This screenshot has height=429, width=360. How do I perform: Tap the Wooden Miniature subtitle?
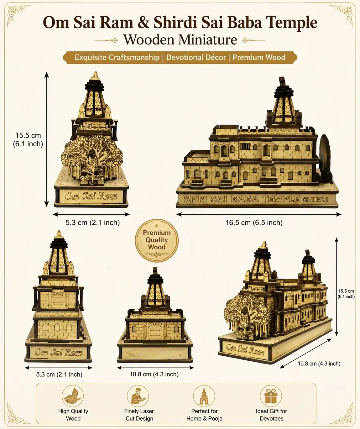coord(180,40)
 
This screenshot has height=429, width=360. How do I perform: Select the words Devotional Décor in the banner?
coord(196,57)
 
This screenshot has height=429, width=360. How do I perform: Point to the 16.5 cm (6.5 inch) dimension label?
coord(254,222)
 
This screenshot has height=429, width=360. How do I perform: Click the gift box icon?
coord(271,396)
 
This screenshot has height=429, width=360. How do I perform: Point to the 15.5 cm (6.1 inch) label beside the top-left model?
coord(28,139)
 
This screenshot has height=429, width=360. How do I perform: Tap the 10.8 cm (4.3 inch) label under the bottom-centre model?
coord(154,374)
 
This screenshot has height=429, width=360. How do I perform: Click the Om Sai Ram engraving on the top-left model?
coord(91,196)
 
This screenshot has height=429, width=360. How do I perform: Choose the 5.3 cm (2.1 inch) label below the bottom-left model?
coord(59,374)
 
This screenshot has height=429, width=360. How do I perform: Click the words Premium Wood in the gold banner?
coord(259,57)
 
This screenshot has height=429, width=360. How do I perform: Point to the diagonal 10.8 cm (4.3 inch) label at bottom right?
coord(319,364)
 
